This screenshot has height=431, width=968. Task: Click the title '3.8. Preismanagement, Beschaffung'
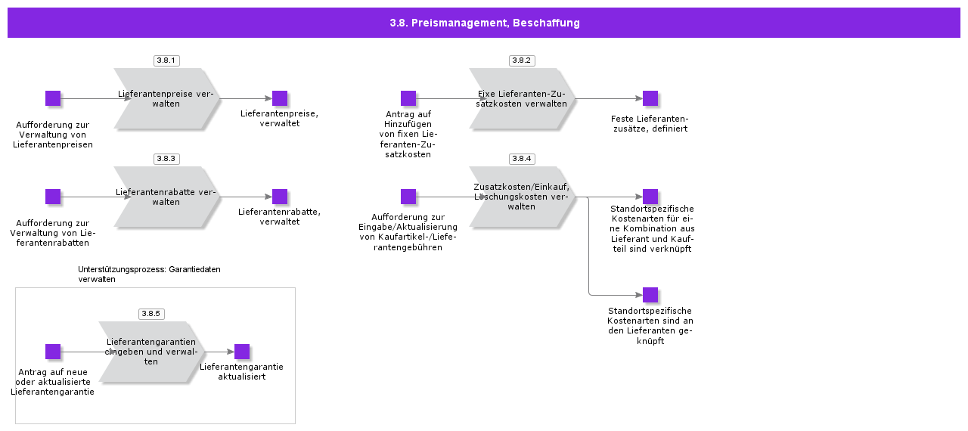[x=484, y=23]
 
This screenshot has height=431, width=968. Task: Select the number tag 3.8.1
[x=166, y=60]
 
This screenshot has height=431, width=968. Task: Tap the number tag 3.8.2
[x=522, y=60]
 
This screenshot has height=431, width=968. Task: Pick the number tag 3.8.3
[x=166, y=159]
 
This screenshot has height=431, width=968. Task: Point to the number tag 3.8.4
[x=522, y=159]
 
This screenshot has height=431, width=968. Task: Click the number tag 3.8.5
[x=151, y=314]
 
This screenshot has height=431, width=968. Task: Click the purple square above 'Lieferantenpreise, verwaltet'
[x=280, y=98]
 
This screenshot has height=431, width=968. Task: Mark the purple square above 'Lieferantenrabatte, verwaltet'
[x=280, y=197]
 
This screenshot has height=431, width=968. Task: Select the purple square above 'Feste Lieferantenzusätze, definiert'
[x=650, y=98]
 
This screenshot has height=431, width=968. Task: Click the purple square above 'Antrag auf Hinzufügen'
[x=408, y=98]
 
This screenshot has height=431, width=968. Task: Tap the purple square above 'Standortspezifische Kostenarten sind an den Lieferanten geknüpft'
[x=650, y=295]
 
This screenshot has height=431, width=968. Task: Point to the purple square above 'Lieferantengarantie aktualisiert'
[x=242, y=352]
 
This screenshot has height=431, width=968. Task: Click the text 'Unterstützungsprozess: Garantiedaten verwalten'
[x=149, y=274]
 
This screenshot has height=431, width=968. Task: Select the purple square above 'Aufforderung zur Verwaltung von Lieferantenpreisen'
[x=53, y=98]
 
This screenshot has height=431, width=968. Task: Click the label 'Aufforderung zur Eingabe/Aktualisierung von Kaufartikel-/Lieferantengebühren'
[x=408, y=232]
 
